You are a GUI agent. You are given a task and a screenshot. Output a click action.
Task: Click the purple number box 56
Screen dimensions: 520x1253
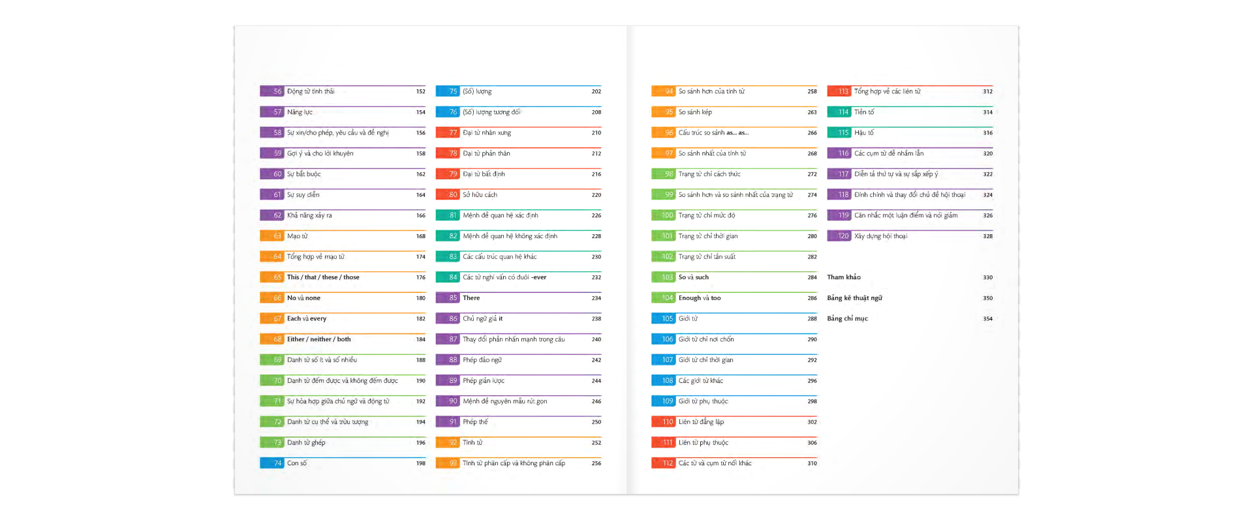[272, 91]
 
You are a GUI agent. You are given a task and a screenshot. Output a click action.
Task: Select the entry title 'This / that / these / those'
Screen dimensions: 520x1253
[323, 277]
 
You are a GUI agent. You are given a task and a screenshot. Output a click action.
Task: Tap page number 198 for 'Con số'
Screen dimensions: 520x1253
[421, 463]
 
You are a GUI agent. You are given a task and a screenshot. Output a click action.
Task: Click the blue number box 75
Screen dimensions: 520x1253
[448, 91]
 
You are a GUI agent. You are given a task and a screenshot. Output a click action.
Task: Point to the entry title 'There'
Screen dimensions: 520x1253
[471, 298]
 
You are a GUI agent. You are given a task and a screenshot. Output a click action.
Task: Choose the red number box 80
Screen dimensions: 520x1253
[448, 194]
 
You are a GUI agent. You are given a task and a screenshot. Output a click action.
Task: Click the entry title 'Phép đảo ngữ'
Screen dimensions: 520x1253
[482, 360]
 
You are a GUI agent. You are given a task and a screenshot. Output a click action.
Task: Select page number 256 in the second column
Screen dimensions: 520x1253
[596, 463]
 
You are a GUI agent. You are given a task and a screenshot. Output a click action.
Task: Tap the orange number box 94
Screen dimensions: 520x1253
[664, 91]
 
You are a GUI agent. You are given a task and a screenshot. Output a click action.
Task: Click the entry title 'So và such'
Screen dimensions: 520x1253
[693, 277]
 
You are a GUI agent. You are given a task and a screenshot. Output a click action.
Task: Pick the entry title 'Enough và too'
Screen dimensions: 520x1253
[700, 298]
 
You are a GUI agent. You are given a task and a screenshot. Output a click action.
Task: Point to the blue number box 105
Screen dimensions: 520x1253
[664, 318]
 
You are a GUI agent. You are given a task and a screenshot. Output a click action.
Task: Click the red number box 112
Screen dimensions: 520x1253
[664, 463]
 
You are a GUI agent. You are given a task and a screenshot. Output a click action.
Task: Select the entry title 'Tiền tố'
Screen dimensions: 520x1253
[864, 112]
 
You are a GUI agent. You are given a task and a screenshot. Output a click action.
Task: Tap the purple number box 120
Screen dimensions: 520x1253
[839, 236]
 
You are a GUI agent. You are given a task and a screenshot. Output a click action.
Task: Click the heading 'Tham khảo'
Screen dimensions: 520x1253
[844, 277]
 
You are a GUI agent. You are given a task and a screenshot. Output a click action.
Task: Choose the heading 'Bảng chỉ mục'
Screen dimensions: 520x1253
[847, 318]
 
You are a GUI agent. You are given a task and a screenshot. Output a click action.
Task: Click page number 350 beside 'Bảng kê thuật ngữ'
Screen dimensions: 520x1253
[988, 298]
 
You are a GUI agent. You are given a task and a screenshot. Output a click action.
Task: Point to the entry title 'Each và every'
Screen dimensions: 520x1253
[307, 318]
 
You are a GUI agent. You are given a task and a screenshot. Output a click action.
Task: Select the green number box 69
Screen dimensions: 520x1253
[272, 360]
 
